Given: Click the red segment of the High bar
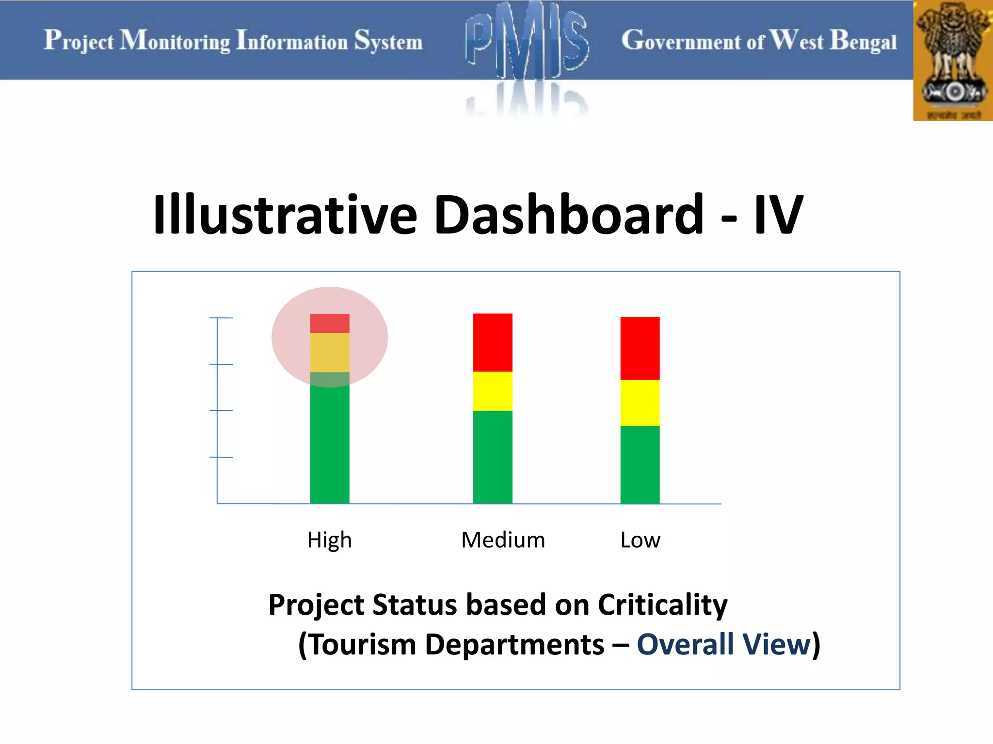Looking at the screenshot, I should tap(330, 323).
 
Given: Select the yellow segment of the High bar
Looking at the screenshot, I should tap(330, 352).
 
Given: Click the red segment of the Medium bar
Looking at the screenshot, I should tap(493, 342).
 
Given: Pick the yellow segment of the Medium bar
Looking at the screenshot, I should tap(493, 391).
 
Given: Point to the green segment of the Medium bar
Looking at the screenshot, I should tap(493, 457).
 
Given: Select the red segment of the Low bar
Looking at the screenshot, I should tap(640, 348).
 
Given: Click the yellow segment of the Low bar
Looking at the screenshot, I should tap(640, 403).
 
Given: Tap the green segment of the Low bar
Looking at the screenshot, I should tap(640, 465).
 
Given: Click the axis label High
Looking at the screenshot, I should tap(330, 540).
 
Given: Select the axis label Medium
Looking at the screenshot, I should tap(503, 540).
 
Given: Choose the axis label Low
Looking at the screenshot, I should tap(640, 540).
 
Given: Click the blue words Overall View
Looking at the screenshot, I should tap(723, 645).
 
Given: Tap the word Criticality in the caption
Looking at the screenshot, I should tap(662, 605).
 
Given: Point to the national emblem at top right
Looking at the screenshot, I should tap(953, 61).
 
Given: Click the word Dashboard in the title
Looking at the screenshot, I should tap(569, 215).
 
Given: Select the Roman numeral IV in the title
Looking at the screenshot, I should tap(778, 215).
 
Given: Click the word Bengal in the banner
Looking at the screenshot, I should tap(863, 41).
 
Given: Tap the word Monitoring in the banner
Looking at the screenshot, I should tap(175, 41).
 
